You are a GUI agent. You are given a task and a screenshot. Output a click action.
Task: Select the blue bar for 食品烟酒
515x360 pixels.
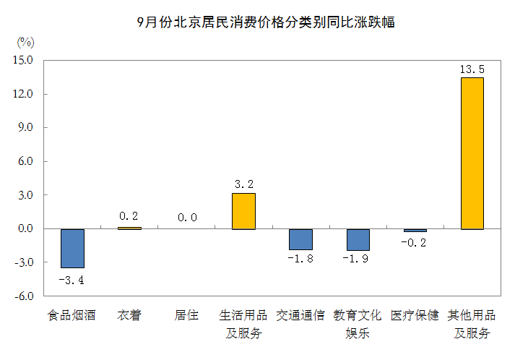click(x=72, y=248)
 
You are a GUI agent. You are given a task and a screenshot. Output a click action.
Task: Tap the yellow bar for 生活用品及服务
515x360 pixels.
click(x=243, y=211)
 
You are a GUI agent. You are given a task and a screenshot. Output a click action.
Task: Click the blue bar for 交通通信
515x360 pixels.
click(x=300, y=239)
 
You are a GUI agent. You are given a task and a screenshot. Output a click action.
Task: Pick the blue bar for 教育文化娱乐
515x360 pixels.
click(x=358, y=239)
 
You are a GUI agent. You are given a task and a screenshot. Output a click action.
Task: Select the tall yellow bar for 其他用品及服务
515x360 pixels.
click(x=472, y=153)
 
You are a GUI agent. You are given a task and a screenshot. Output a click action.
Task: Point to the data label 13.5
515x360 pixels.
click(x=472, y=69)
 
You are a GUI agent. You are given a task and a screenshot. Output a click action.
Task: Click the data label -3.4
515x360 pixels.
click(x=72, y=279)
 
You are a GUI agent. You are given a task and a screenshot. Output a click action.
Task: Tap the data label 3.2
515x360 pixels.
click(x=243, y=184)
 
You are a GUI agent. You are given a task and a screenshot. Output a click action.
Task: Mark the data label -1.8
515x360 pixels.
click(x=300, y=259)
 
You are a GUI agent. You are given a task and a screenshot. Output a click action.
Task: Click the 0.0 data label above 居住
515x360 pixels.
click(x=186, y=216)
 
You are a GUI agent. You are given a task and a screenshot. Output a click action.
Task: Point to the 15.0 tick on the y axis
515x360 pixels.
click(x=23, y=60)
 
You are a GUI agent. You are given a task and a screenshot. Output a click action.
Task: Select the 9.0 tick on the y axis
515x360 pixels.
click(x=26, y=128)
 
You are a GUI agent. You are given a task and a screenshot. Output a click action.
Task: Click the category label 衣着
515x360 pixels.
click(x=129, y=316)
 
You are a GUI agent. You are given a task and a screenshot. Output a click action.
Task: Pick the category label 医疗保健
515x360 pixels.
click(x=415, y=316)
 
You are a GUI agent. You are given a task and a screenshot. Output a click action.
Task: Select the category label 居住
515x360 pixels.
click(x=186, y=316)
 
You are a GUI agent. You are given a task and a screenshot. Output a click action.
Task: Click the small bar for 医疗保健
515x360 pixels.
click(x=415, y=230)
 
